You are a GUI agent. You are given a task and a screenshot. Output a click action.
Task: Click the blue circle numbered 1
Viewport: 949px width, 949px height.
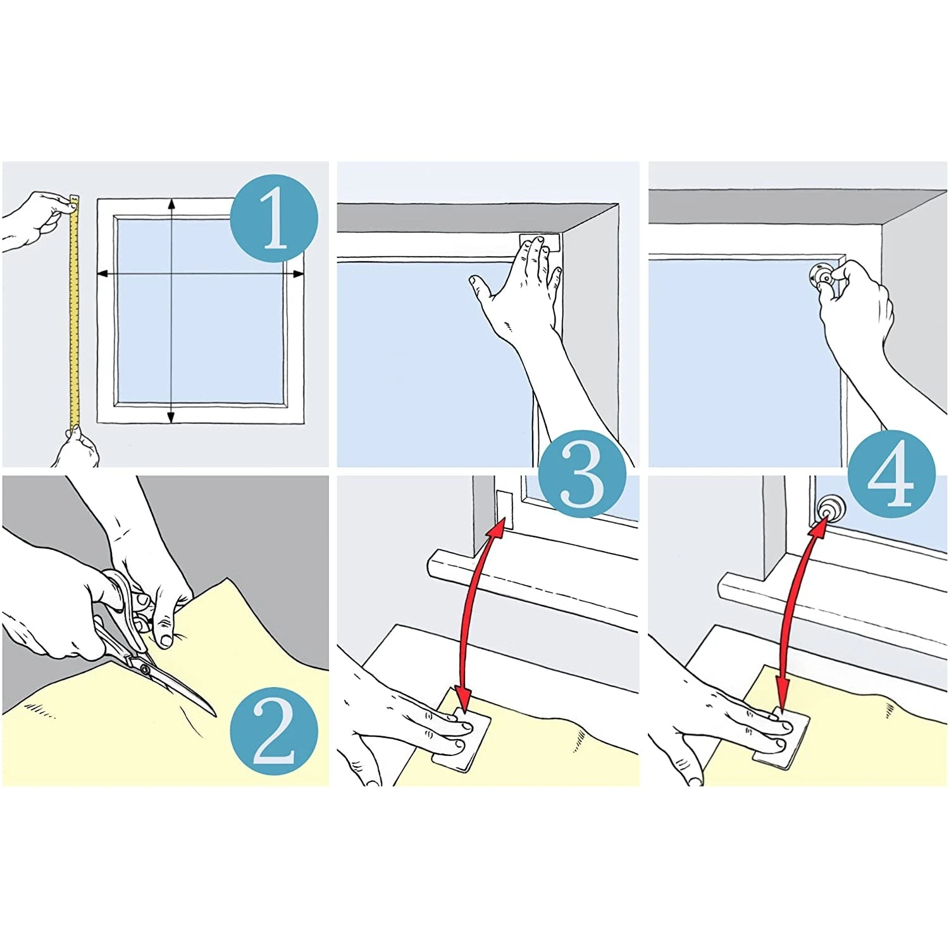pyautogui.click(x=273, y=218)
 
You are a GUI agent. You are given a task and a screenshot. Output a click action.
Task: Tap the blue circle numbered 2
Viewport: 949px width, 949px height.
pyautogui.click(x=273, y=731)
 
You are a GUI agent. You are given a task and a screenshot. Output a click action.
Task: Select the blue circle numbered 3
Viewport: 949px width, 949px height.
pyautogui.click(x=582, y=475)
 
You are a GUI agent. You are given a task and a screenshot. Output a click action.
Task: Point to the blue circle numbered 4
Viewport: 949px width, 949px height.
pyautogui.click(x=891, y=475)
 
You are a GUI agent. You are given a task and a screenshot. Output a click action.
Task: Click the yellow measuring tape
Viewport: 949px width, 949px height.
pyautogui.click(x=74, y=310)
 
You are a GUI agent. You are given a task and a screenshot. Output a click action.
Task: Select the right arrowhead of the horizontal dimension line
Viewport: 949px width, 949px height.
pyautogui.click(x=298, y=274)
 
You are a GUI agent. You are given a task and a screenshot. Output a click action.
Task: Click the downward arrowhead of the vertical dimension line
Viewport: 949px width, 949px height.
pyautogui.click(x=171, y=418)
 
